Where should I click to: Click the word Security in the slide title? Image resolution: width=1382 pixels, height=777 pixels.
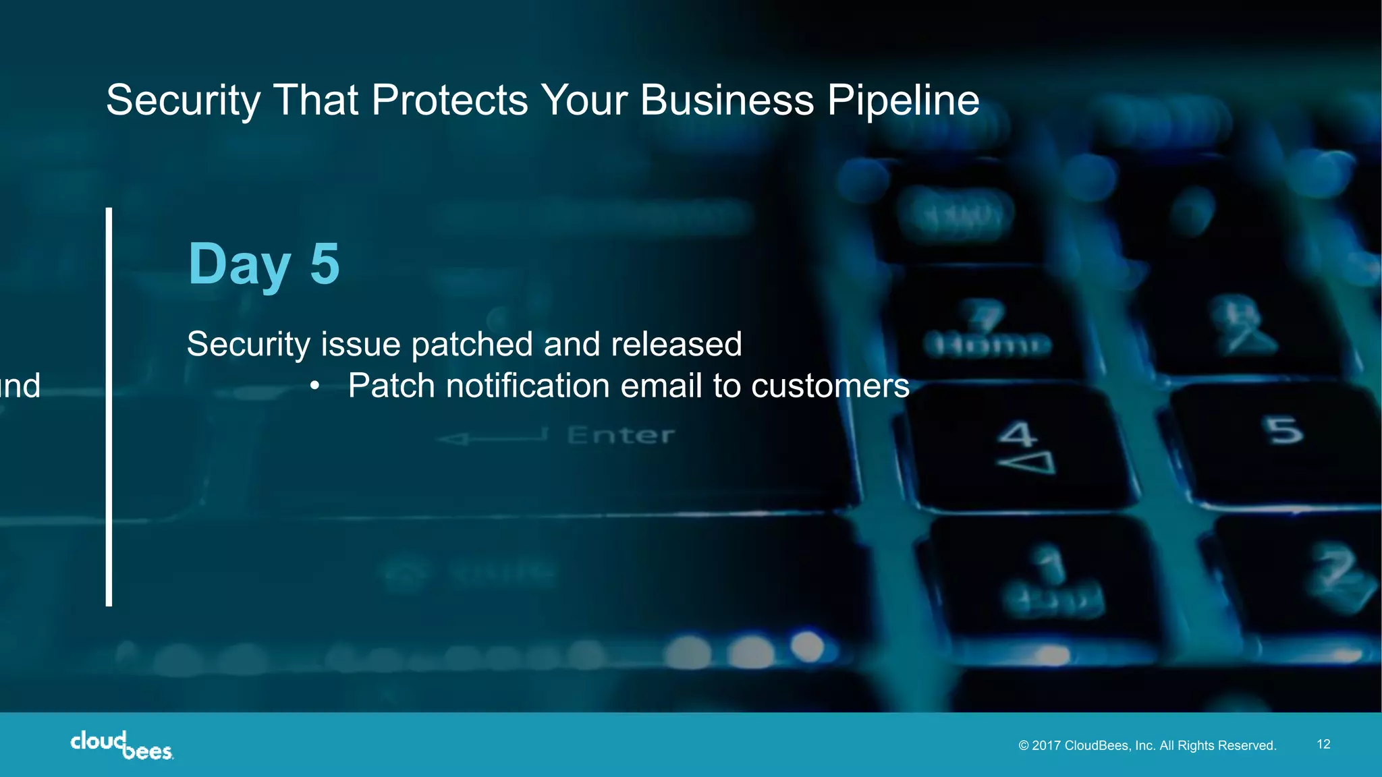coord(182,101)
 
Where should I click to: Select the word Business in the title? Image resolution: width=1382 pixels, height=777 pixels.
coord(727,101)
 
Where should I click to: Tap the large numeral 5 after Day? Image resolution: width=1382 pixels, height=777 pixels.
coord(325,264)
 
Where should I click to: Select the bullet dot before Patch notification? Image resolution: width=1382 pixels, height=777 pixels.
coord(314,386)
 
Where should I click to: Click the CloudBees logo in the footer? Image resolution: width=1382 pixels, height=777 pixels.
coord(121,745)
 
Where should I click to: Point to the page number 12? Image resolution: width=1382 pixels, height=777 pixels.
coord(1323,744)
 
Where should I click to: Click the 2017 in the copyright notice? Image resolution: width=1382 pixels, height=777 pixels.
coord(1047,745)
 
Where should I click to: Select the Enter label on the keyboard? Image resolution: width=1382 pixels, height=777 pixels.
coord(620,436)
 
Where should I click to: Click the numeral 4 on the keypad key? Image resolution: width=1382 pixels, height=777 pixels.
coord(1017,434)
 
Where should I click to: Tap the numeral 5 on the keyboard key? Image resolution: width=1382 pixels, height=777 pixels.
coord(1284,430)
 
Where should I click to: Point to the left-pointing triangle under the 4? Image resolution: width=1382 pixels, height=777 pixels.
coord(1026,463)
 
